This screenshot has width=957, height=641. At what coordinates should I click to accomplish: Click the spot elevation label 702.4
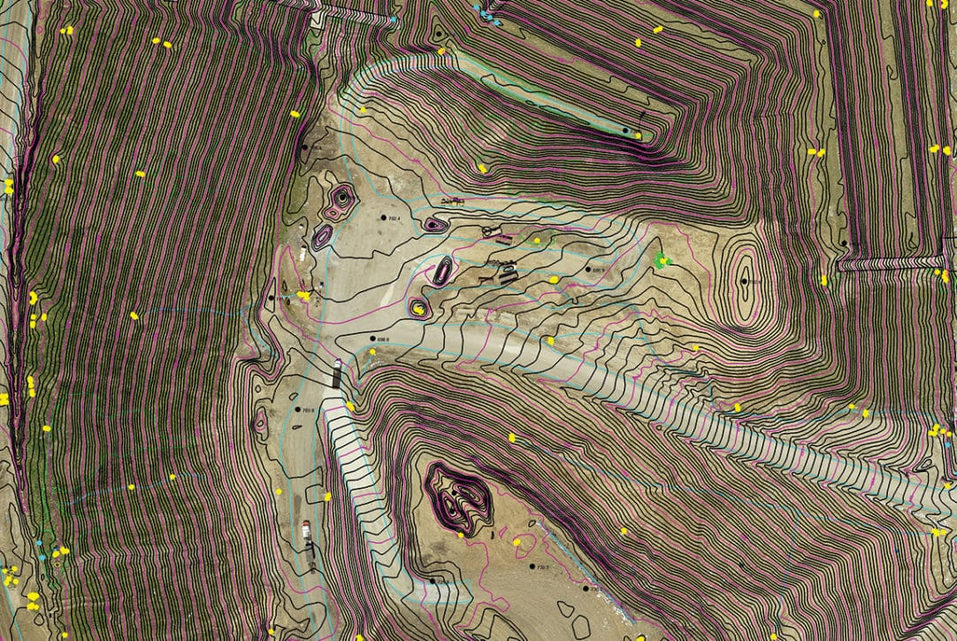pos(393,218)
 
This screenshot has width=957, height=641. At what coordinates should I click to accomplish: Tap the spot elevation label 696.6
pos(381,338)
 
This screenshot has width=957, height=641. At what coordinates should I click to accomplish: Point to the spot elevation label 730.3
pos(541,567)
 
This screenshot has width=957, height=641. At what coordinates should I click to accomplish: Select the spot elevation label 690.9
pos(600,269)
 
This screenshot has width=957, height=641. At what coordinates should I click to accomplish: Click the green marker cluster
pos(662,260)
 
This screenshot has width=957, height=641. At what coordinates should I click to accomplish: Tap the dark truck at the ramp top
pos(336,375)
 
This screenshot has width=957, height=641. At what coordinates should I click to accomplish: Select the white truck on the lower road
pos(306,531)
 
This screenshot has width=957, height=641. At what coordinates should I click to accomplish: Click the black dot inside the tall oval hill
pos(745,281)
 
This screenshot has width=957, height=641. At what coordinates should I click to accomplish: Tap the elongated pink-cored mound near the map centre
pos(442,271)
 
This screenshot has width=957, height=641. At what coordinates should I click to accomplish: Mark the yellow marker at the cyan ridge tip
pos(638,135)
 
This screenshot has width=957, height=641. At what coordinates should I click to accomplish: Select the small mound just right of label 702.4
pos(433,225)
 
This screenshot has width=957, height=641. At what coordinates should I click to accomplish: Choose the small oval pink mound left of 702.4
pos(322,236)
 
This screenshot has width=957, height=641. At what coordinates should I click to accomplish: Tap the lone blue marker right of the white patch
pos(394,19)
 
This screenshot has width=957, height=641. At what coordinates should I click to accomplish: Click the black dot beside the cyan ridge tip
pos(624,131)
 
